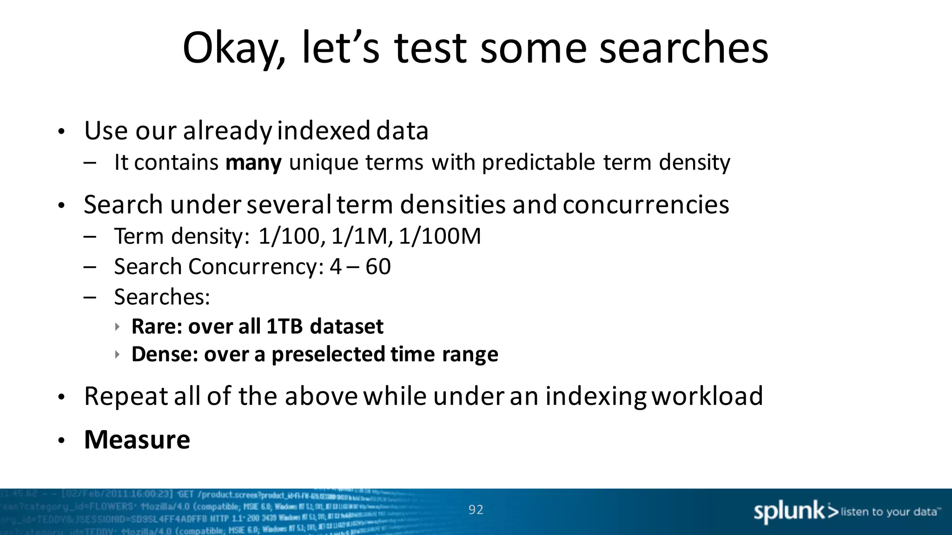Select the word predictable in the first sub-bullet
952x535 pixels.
pos(538,163)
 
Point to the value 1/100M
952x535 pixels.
pos(440,236)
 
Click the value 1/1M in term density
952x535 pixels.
pos(361,236)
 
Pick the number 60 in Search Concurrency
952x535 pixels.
pos(378,267)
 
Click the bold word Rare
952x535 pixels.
pos(155,326)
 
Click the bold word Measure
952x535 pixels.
pos(137,440)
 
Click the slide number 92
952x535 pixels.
pos(476,510)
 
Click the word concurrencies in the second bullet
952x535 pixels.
pos(645,205)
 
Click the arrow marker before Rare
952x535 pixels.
pos(118,327)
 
